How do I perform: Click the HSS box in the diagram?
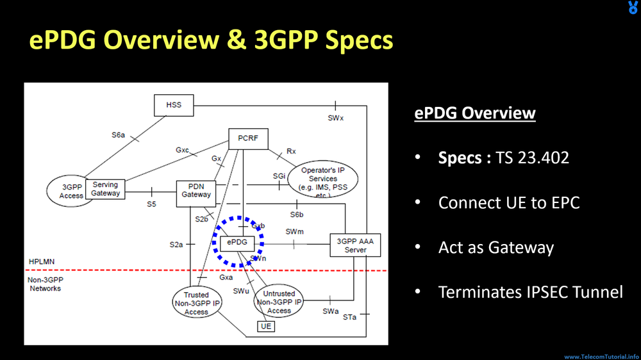(174, 105)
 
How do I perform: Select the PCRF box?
(248, 138)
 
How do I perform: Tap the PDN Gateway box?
(196, 190)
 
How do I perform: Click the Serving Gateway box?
(105, 188)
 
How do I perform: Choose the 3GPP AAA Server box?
(355, 245)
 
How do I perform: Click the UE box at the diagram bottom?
(266, 326)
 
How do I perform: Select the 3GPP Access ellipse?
(71, 191)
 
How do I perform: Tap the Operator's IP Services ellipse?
(322, 179)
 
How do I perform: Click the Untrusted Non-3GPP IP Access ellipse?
(279, 302)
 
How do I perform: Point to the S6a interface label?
(118, 135)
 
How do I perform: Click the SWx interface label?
(336, 118)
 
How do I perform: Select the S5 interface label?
(151, 204)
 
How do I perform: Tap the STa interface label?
(349, 317)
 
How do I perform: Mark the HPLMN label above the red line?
(42, 262)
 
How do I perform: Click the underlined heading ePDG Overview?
(474, 113)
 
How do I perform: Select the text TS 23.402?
(532, 158)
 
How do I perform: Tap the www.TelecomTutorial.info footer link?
(601, 356)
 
